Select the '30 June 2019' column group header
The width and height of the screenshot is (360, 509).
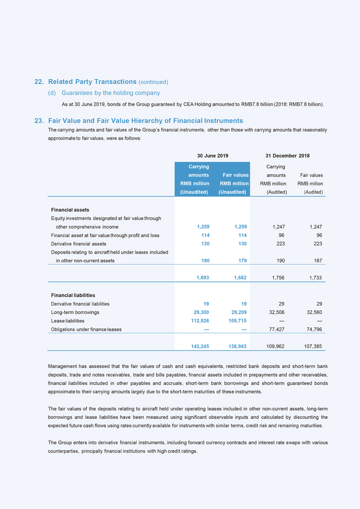point(213,156)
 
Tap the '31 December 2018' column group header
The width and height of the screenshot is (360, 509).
point(287,156)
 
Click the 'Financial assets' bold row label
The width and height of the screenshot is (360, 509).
point(70,210)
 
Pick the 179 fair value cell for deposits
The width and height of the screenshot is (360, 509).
point(241,261)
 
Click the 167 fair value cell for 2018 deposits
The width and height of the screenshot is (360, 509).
point(316,261)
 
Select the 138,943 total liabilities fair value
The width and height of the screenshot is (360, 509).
point(236,346)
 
